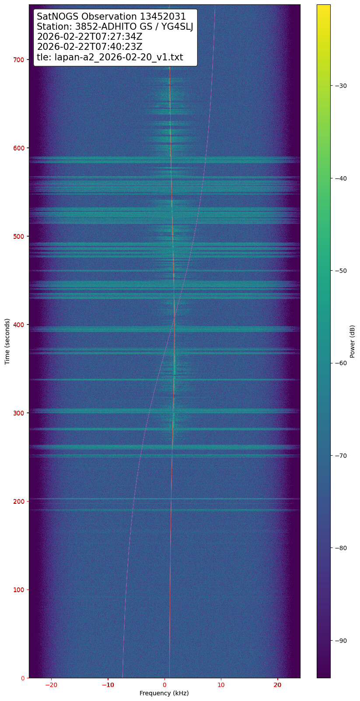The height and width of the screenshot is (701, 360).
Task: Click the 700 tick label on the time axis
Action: click(20, 59)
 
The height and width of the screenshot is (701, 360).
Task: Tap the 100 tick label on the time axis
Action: click(20, 589)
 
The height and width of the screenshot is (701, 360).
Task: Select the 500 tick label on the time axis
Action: click(20, 236)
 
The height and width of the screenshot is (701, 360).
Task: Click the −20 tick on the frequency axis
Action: click(52, 678)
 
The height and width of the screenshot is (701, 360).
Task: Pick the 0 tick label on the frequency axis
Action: click(164, 685)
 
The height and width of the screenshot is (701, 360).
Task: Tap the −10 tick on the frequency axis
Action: click(108, 678)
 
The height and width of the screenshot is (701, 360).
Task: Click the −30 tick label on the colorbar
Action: click(341, 86)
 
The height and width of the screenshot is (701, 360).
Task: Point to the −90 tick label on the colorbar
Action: click(341, 641)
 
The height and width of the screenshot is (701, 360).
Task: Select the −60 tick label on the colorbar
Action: click(341, 363)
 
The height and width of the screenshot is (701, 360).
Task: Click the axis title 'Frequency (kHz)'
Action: click(164, 693)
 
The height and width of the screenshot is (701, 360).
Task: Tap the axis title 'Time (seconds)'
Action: click(7, 341)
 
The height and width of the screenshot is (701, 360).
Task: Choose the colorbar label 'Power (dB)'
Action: click(353, 341)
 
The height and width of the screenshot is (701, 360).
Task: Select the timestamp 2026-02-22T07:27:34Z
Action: click(90, 37)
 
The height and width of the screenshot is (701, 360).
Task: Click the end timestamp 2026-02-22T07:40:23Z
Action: click(90, 47)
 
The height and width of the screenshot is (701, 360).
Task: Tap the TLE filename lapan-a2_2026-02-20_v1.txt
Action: click(118, 57)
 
